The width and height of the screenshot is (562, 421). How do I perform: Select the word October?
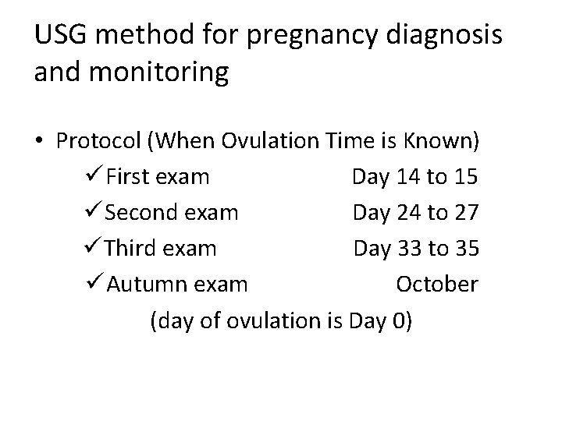[x=437, y=285]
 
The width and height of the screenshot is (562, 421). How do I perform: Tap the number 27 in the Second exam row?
[x=466, y=213]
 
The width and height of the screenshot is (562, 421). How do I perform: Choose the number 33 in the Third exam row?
[x=410, y=249]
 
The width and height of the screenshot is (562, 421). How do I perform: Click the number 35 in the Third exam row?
[x=466, y=249]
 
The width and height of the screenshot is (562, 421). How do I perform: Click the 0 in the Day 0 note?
[x=400, y=320]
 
